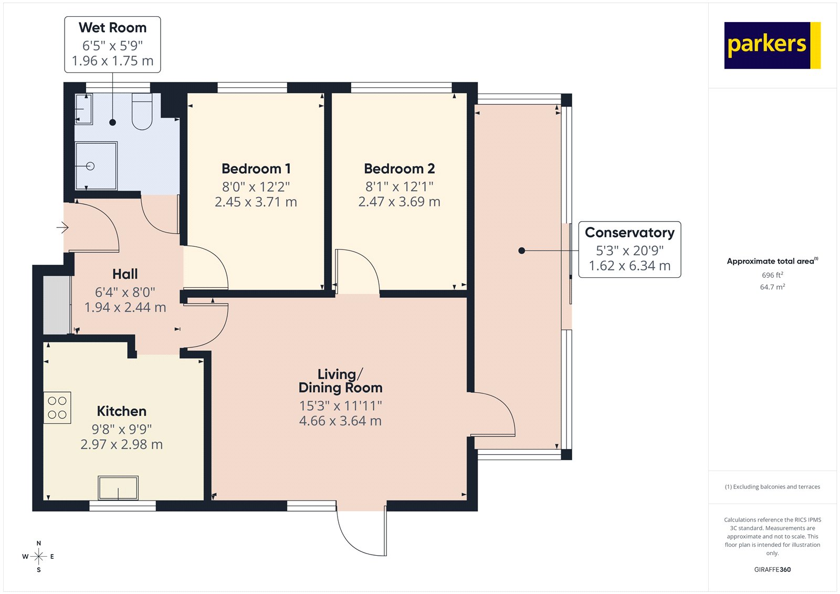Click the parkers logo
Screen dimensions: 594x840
pos(772,45)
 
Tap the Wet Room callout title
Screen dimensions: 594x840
pos(112,28)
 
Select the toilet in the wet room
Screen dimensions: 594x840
pos(142,112)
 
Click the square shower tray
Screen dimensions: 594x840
pos(96,166)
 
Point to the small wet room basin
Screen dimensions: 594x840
pos(83,109)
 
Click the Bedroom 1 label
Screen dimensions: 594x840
pos(256,169)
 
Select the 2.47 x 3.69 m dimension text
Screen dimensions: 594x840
pos(399,202)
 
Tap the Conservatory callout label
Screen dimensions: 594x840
pos(629,233)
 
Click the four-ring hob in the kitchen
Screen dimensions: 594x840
pos(57,408)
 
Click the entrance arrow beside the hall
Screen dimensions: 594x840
pos(62,227)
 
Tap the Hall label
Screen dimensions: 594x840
pos(125,274)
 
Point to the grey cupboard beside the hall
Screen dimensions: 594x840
pos(56,305)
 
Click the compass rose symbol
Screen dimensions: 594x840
pos(38,556)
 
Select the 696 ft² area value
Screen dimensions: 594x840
pos(772,275)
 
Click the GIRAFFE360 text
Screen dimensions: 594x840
pos(772,569)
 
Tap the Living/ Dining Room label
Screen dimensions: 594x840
pos(340,381)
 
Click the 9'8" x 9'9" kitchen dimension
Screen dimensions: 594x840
pos(121,429)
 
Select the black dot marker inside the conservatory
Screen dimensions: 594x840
pos(521,251)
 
